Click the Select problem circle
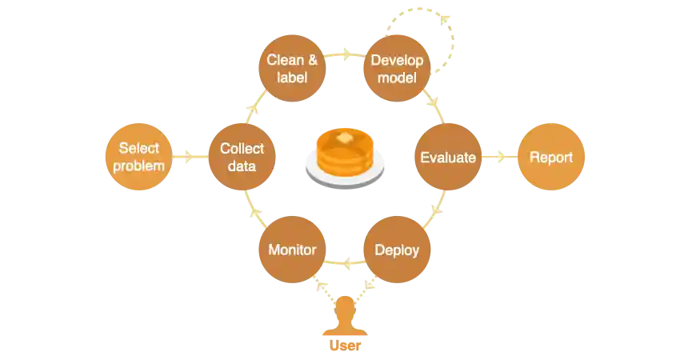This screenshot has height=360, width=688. click(x=139, y=157)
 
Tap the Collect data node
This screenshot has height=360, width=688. click(x=242, y=157)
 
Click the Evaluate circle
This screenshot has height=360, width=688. click(x=448, y=157)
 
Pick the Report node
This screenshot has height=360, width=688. click(x=551, y=157)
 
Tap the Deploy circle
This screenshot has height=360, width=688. click(x=397, y=250)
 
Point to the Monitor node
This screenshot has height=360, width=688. click(x=292, y=250)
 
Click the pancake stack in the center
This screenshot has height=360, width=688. click(x=345, y=154)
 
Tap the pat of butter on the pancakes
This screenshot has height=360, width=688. click(x=345, y=138)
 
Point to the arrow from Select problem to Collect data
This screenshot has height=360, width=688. click(x=190, y=157)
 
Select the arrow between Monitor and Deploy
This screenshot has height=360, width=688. click(x=345, y=261)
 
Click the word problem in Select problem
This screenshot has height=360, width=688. click(x=139, y=166)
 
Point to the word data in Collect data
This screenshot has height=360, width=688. click(x=242, y=166)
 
